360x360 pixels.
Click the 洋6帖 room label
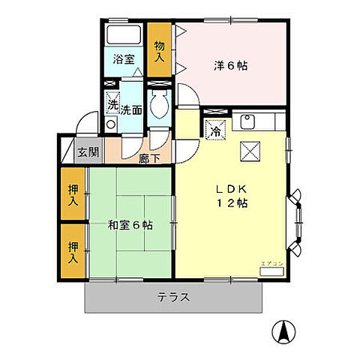(229, 65)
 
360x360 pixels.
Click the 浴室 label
(124, 59)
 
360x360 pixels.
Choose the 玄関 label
(88, 152)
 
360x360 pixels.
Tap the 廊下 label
(149, 158)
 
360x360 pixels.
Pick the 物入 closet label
(160, 50)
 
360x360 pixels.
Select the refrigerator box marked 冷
(215, 129)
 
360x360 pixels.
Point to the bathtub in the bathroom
(124, 34)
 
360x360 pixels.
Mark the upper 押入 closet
(73, 196)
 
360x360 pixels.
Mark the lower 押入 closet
(73, 252)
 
